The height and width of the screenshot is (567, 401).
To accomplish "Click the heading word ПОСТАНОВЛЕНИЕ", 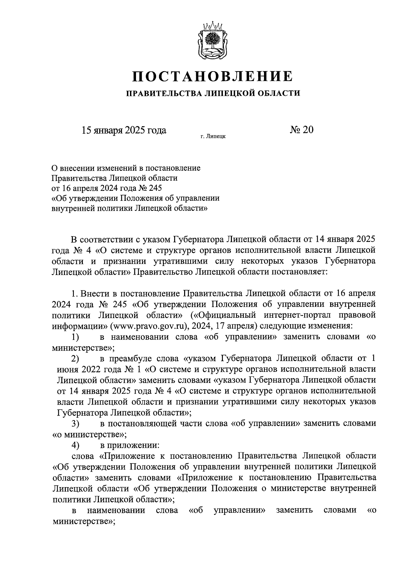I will (213, 76).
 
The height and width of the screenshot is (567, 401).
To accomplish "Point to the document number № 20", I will (301, 130).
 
